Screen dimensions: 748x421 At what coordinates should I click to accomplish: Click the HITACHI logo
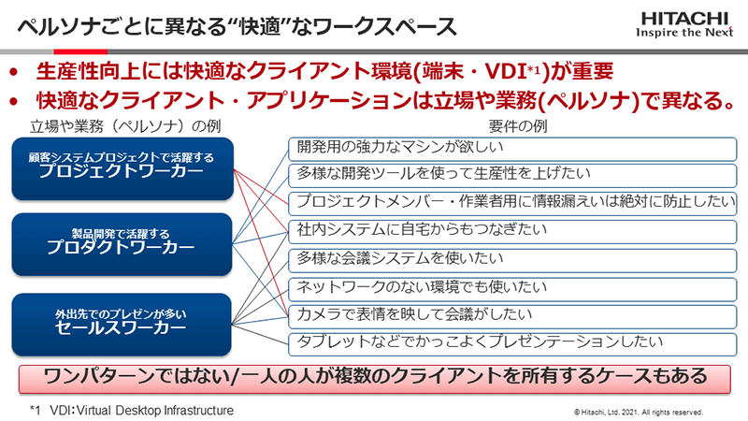(x=684, y=25)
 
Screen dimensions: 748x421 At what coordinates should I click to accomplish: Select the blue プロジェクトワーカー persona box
(x=122, y=168)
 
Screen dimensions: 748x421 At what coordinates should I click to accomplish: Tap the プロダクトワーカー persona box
(x=122, y=244)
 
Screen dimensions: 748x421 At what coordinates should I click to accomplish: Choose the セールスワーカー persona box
(x=122, y=324)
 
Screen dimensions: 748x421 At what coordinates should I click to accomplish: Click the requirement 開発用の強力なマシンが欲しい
(x=512, y=149)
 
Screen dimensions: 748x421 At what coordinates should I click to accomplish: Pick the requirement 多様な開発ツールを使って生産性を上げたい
(x=512, y=176)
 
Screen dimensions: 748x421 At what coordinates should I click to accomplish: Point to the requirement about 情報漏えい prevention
(x=512, y=204)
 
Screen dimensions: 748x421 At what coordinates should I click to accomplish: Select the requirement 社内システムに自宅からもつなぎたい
(x=512, y=232)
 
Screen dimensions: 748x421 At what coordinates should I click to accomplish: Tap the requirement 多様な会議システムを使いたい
(x=512, y=260)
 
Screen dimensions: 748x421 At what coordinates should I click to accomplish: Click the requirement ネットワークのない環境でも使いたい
(x=512, y=289)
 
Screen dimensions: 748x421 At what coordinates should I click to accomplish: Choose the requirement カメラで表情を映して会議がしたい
(x=512, y=316)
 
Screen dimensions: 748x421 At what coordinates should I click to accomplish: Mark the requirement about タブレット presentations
(x=512, y=344)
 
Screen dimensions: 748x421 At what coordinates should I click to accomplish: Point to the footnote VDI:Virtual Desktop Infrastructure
(x=132, y=411)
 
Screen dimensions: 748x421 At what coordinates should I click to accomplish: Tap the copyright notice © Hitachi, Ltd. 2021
(x=639, y=412)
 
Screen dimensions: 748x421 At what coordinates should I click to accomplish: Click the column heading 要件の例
(x=518, y=126)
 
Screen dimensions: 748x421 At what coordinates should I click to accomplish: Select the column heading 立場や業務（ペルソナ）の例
(x=125, y=126)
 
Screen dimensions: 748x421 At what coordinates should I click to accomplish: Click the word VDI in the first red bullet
(x=505, y=72)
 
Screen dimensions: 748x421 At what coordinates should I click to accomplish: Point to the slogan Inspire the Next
(x=684, y=33)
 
